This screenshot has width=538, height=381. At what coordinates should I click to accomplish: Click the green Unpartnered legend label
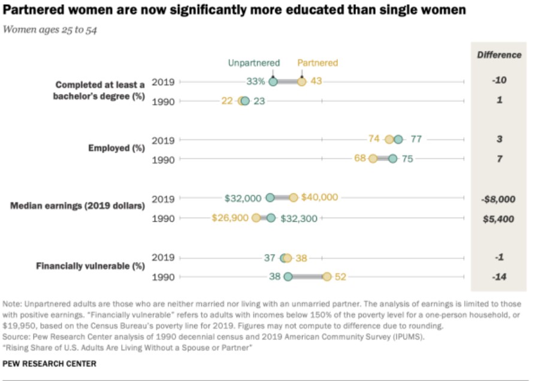pos(253,63)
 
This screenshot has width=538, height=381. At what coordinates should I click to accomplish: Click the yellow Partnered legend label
pos(318,63)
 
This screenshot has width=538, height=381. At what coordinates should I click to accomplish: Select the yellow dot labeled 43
pos(301,81)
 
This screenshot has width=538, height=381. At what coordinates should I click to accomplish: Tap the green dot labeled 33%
pos(273,81)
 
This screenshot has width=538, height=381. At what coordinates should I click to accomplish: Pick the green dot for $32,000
pos(270,198)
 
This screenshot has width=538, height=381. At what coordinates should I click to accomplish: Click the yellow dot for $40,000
pos(293,198)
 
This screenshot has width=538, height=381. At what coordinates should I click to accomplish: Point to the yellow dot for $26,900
pos(256,218)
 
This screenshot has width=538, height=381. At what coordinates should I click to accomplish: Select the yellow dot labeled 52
pos(327,277)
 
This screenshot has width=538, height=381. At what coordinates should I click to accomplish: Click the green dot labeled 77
pos(398,140)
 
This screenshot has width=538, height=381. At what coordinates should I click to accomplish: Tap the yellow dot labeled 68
pos(373,159)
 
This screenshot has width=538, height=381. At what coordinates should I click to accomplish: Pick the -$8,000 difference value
pos(499,199)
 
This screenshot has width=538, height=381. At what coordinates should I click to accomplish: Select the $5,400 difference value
pos(499,219)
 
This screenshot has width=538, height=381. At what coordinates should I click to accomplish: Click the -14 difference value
pos(499,277)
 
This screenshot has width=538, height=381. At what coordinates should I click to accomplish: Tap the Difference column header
pos(499,55)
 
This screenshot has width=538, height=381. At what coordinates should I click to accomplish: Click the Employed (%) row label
pos(117,148)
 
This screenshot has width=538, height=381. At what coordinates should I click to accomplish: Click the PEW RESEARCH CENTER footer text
pos(50,364)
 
